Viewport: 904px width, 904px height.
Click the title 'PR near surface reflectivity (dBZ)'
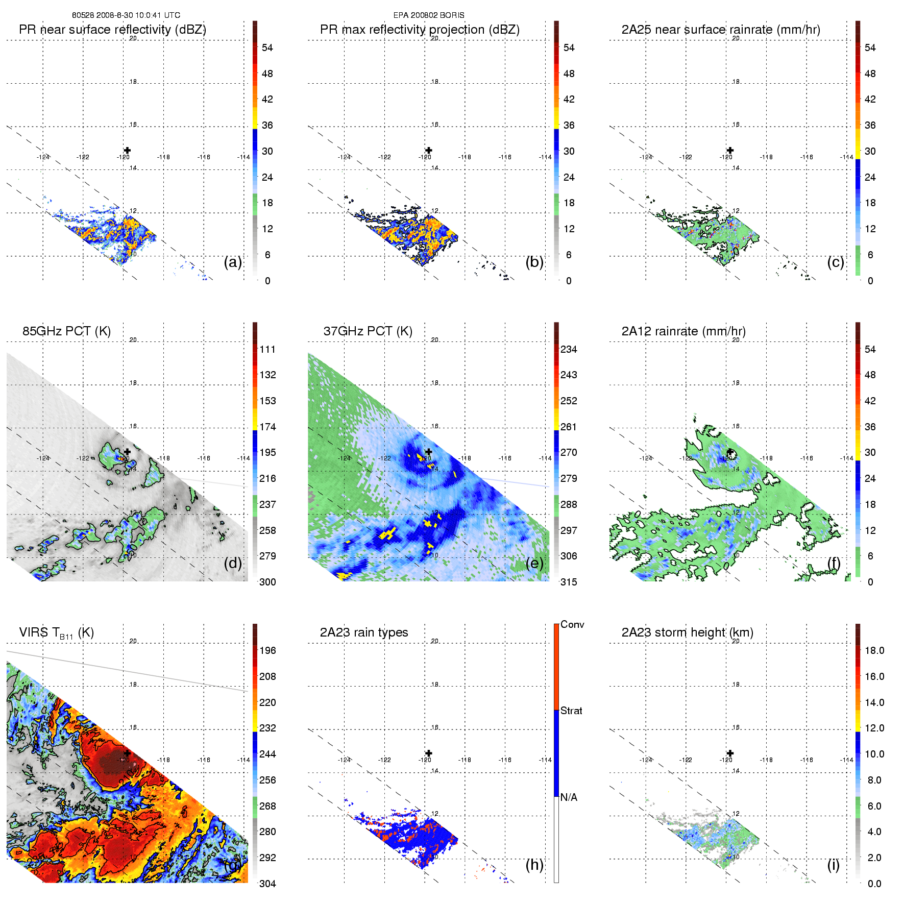[112, 30]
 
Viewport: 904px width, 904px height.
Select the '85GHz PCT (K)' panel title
[66, 331]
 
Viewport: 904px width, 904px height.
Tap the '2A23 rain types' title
[364, 632]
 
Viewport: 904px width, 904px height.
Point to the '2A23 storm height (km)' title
[687, 632]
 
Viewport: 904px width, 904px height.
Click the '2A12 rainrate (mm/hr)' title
[683, 331]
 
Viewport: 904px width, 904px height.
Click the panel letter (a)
[233, 262]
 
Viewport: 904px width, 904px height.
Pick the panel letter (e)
[534, 563]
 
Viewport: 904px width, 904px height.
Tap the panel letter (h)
[534, 865]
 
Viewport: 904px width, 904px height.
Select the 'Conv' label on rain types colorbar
[572, 624]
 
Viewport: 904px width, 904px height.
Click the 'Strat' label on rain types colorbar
[571, 711]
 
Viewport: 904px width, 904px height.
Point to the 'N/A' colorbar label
[569, 797]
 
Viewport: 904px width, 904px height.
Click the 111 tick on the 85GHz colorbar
[267, 349]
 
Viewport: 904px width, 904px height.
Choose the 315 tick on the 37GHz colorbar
[569, 582]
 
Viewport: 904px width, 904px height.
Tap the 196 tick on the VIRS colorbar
[267, 650]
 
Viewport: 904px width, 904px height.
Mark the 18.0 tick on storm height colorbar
[874, 650]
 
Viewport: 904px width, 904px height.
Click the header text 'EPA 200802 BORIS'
[429, 15]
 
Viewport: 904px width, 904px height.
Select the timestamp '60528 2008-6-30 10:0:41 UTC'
[126, 15]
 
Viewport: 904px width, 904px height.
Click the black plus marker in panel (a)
[127, 150]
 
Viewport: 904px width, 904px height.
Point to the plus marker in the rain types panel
[429, 753]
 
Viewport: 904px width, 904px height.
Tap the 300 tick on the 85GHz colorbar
[267, 582]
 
